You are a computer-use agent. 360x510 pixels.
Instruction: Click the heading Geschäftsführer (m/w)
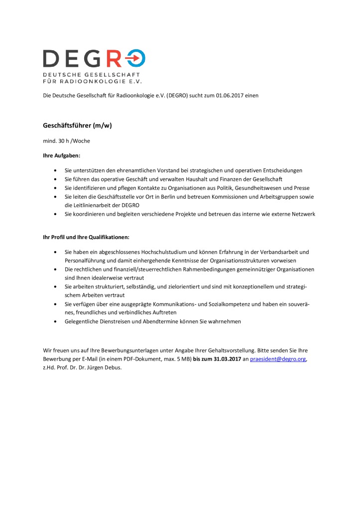pos(77,126)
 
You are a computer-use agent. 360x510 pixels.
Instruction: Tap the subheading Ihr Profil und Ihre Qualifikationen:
pos(86,237)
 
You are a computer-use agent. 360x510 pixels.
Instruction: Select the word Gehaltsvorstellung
pos(224,350)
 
